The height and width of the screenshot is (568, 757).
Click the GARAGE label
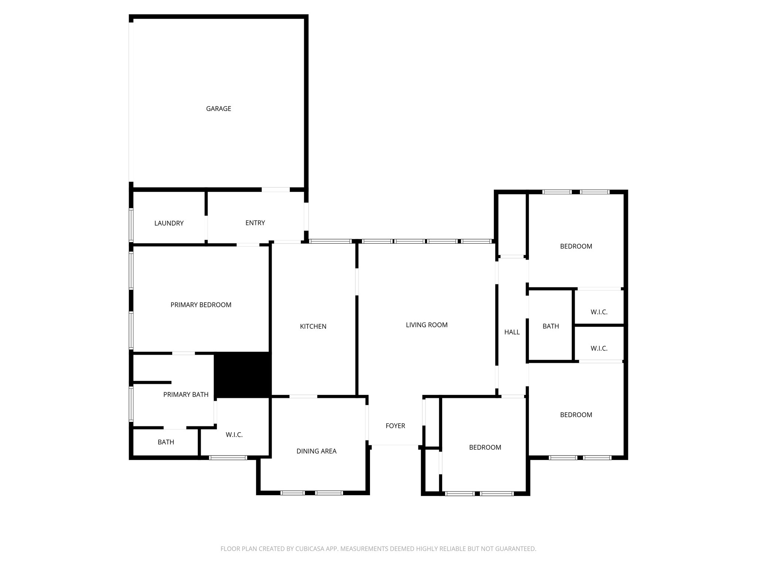pyautogui.click(x=218, y=109)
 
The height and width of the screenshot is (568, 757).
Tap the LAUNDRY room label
pyautogui.click(x=169, y=223)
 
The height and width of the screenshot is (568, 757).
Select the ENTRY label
pyautogui.click(x=255, y=223)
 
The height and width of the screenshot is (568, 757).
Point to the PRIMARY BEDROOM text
pyautogui.click(x=201, y=305)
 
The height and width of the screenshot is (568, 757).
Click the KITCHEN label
pyautogui.click(x=313, y=327)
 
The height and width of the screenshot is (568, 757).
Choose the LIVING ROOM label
pyautogui.click(x=427, y=325)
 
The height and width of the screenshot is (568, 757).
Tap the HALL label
pyautogui.click(x=512, y=332)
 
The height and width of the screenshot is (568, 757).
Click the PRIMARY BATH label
pyautogui.click(x=186, y=395)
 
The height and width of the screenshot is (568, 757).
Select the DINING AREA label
pyautogui.click(x=316, y=451)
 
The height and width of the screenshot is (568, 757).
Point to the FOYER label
pyautogui.click(x=395, y=426)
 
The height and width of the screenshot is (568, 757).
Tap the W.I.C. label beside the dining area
pyautogui.click(x=234, y=435)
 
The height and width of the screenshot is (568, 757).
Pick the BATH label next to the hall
pyautogui.click(x=551, y=326)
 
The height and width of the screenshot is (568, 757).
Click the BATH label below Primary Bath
pyautogui.click(x=166, y=442)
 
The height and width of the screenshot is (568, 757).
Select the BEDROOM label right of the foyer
pyautogui.click(x=485, y=447)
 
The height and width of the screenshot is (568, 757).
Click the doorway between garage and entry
pyautogui.click(x=276, y=190)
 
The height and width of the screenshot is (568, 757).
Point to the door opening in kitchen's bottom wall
pyautogui.click(x=303, y=396)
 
